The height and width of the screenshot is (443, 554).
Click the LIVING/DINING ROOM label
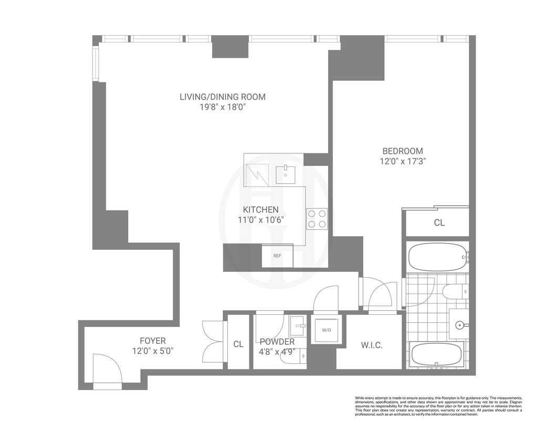[x=223, y=97]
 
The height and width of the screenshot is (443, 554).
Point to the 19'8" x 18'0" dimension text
[x=223, y=107]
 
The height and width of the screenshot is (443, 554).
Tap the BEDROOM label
[x=403, y=151]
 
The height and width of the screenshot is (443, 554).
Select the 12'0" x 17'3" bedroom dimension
[x=403, y=162]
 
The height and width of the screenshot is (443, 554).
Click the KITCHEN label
[x=260, y=209]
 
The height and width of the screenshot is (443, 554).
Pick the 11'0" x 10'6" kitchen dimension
[x=260, y=220]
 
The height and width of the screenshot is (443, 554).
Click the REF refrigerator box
[x=277, y=256]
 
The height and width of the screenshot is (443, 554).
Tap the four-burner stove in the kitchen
[x=317, y=219]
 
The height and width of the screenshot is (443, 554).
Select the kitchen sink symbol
[x=286, y=174]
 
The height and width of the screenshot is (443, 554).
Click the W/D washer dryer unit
[x=326, y=330]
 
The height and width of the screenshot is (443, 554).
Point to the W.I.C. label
[x=371, y=345]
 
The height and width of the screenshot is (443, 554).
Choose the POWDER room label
[x=277, y=342]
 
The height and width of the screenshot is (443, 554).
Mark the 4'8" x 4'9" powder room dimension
[x=277, y=352]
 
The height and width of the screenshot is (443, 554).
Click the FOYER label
[x=153, y=341]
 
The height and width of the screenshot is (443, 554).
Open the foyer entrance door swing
[x=107, y=370]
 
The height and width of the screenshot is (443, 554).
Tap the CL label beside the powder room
[x=238, y=344]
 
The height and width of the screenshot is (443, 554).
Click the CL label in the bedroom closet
[x=439, y=223]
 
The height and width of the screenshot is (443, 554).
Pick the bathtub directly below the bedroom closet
[x=437, y=257]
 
